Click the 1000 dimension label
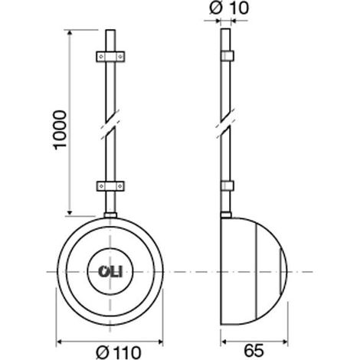coord(61,129)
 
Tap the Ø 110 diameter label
coord(119,352)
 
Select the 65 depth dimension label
coord(254,351)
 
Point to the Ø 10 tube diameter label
coord(229,8)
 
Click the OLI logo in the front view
coord(110,272)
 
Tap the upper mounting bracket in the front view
coord(110,57)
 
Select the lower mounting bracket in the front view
coord(110,186)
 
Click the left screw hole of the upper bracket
coord(101,57)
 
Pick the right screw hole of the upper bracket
coord(119,57)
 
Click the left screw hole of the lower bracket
coord(101,186)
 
